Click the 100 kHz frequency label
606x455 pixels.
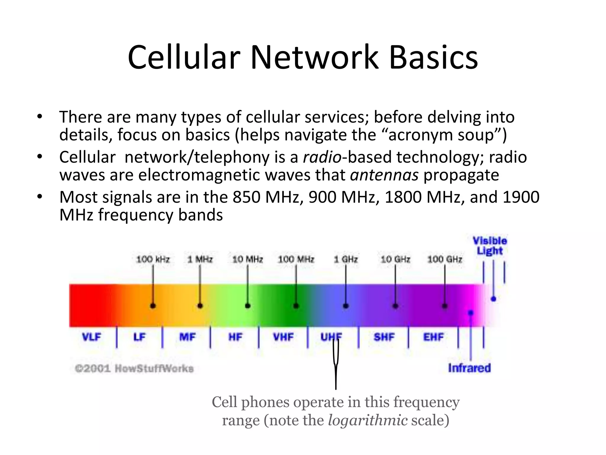153,259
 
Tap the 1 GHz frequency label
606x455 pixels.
346,259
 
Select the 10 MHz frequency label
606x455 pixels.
248,259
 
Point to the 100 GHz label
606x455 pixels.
445,259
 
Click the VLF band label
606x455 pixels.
91,337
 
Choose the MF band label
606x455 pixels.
187,337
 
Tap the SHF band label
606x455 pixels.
384,337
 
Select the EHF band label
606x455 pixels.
433,337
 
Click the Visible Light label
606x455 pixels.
490,246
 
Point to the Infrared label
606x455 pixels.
469,368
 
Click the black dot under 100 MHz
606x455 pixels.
296,306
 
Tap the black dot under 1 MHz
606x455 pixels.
200,306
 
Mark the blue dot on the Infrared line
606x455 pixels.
470,313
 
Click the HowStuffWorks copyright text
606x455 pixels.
134,369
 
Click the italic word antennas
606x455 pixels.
384,175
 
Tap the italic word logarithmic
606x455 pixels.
368,420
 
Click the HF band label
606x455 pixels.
235,337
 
